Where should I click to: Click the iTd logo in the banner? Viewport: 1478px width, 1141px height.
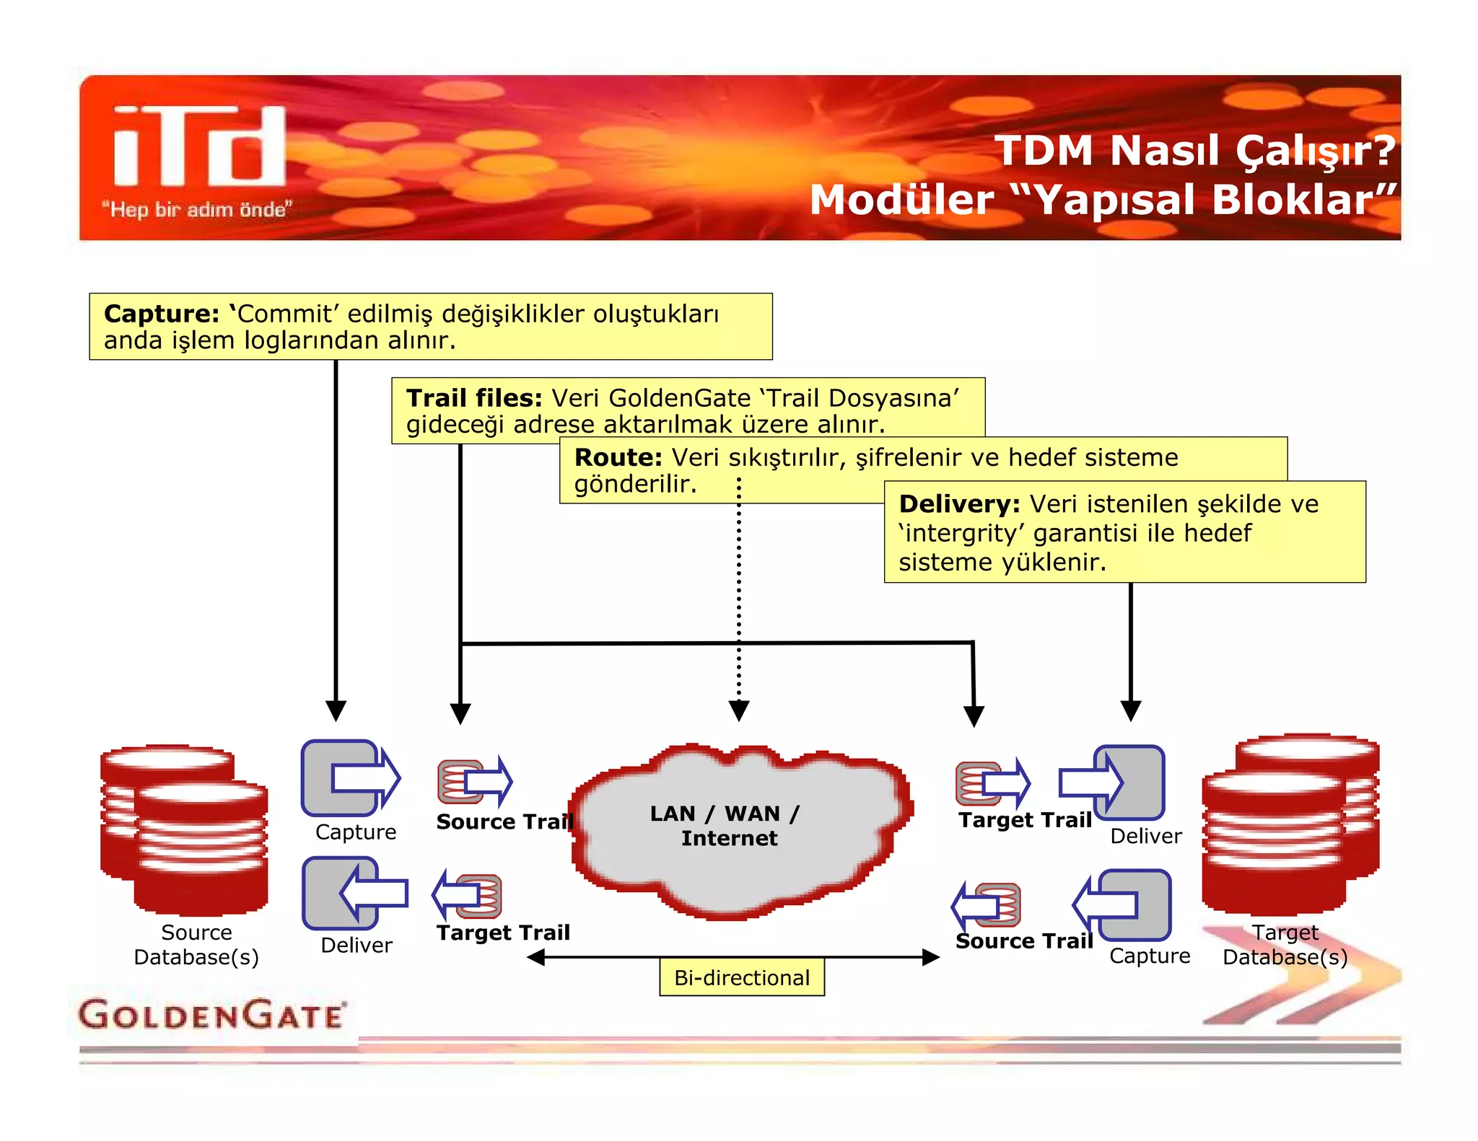(x=200, y=146)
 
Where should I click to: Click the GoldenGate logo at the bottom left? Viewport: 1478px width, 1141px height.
(x=211, y=1014)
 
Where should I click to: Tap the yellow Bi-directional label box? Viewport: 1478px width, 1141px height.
(x=741, y=978)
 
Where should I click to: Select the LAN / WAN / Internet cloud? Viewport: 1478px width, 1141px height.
(x=740, y=829)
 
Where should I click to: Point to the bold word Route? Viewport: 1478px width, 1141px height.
(x=618, y=457)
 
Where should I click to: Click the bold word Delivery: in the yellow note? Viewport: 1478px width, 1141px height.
(x=958, y=503)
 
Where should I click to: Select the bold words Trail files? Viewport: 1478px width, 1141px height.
(x=473, y=398)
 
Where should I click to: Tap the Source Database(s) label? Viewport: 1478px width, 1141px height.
(x=196, y=945)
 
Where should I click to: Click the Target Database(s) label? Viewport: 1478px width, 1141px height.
(x=1285, y=945)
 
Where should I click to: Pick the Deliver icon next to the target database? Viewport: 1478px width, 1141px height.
(x=1113, y=783)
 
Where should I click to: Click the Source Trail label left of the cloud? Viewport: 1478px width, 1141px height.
(x=504, y=821)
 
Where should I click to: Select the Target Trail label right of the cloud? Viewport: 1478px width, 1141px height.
(x=1025, y=820)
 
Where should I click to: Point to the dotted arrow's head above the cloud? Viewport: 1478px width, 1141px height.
(x=739, y=710)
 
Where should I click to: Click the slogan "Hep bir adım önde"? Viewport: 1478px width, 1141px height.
(x=196, y=210)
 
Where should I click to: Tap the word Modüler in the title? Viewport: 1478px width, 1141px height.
(x=901, y=200)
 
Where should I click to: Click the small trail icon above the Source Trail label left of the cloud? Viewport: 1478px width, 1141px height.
(x=474, y=782)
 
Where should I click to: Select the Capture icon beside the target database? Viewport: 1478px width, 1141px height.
(x=1123, y=904)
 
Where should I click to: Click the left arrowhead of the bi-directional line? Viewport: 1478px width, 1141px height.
(x=535, y=958)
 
